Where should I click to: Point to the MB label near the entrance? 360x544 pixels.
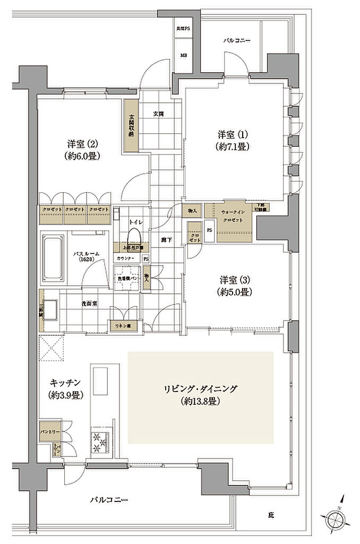184,54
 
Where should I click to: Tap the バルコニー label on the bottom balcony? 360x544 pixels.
109,500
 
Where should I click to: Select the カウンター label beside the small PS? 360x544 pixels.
125,258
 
